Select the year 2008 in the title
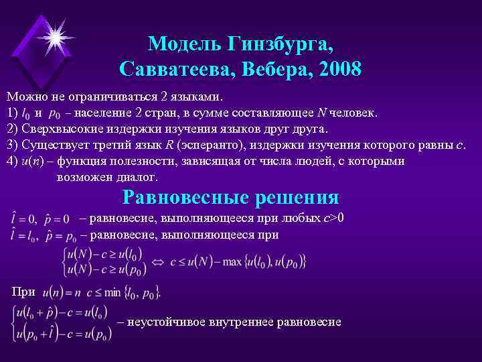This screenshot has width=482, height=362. coord(335,68)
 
